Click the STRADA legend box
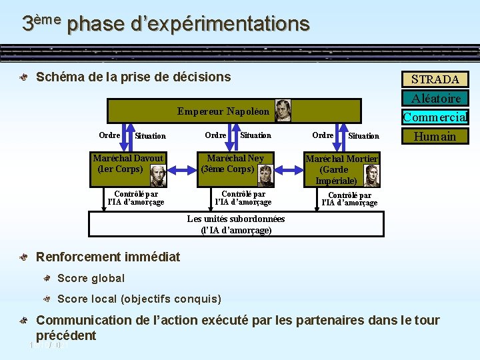click(435, 79)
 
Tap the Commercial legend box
click(435, 117)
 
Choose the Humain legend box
click(435, 137)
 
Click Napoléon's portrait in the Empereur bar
click(283, 110)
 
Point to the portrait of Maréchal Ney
click(265, 175)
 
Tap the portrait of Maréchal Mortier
click(371, 175)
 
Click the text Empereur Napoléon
click(223, 111)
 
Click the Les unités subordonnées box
click(236, 225)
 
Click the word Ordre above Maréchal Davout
click(109, 135)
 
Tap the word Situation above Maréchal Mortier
click(363, 136)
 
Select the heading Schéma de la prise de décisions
click(133, 77)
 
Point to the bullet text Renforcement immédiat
click(107, 257)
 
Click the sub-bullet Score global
click(91, 278)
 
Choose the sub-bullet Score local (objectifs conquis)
click(139, 299)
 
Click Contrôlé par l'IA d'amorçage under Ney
click(243, 198)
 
